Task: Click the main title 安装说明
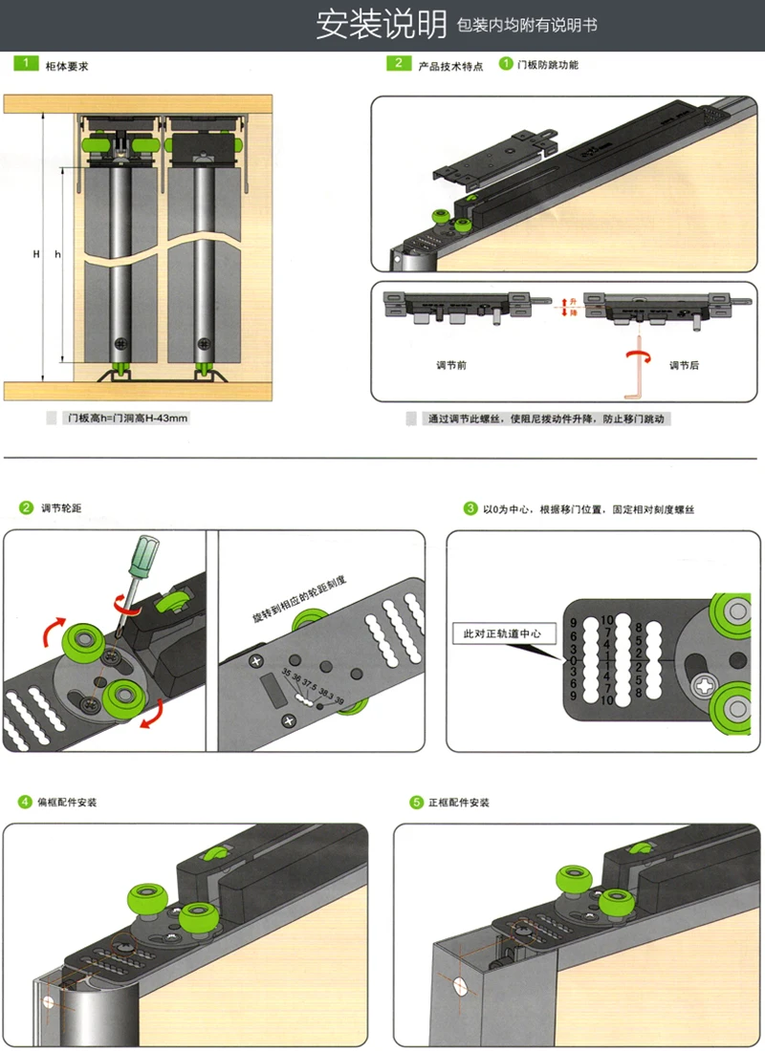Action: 382,26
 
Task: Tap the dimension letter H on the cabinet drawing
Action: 35,254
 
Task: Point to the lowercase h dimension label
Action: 57,254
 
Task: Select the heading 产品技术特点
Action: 450,66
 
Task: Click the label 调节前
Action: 448,365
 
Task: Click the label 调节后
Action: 685,365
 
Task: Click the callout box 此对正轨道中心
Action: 501,633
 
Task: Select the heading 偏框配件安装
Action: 67,802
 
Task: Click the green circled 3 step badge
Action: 470,508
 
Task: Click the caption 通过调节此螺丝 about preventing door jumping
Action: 547,418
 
